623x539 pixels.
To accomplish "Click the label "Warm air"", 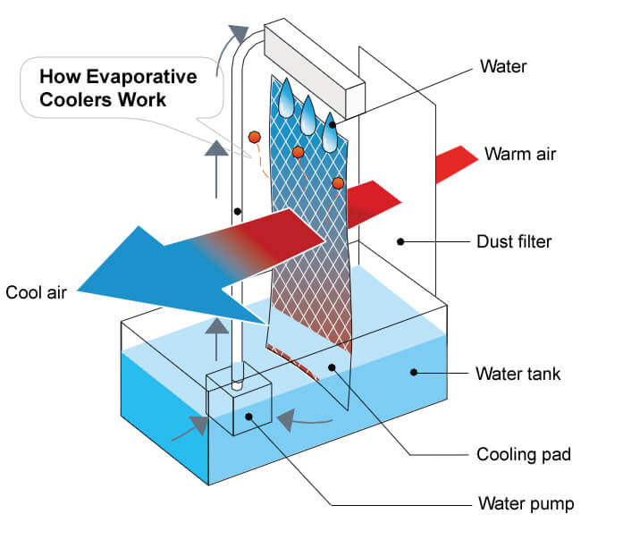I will pyautogui.click(x=519, y=154).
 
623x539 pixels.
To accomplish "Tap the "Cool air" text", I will pyautogui.click(x=38, y=291).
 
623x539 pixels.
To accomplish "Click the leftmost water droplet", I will pyautogui.click(x=284, y=99).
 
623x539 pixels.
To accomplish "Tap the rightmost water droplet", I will pyautogui.click(x=332, y=131).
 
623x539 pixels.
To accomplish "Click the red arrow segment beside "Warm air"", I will pyautogui.click(x=456, y=165).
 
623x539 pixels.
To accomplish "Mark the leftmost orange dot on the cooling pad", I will pyautogui.click(x=255, y=137).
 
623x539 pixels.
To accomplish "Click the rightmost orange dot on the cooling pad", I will pyautogui.click(x=338, y=183).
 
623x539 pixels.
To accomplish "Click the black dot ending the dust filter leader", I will pyautogui.click(x=402, y=240).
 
